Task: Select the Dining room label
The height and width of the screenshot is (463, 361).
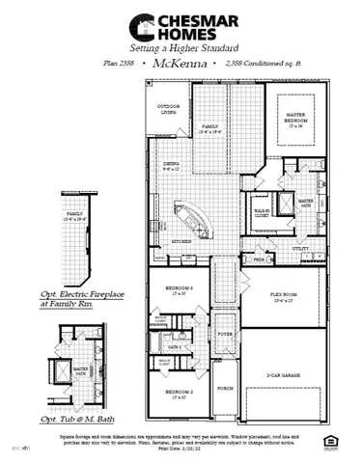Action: (x=172, y=165)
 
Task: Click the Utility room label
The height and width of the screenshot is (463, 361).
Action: (x=299, y=248)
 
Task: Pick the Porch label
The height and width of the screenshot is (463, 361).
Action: (x=225, y=389)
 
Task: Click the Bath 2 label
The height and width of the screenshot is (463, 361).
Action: (x=175, y=345)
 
